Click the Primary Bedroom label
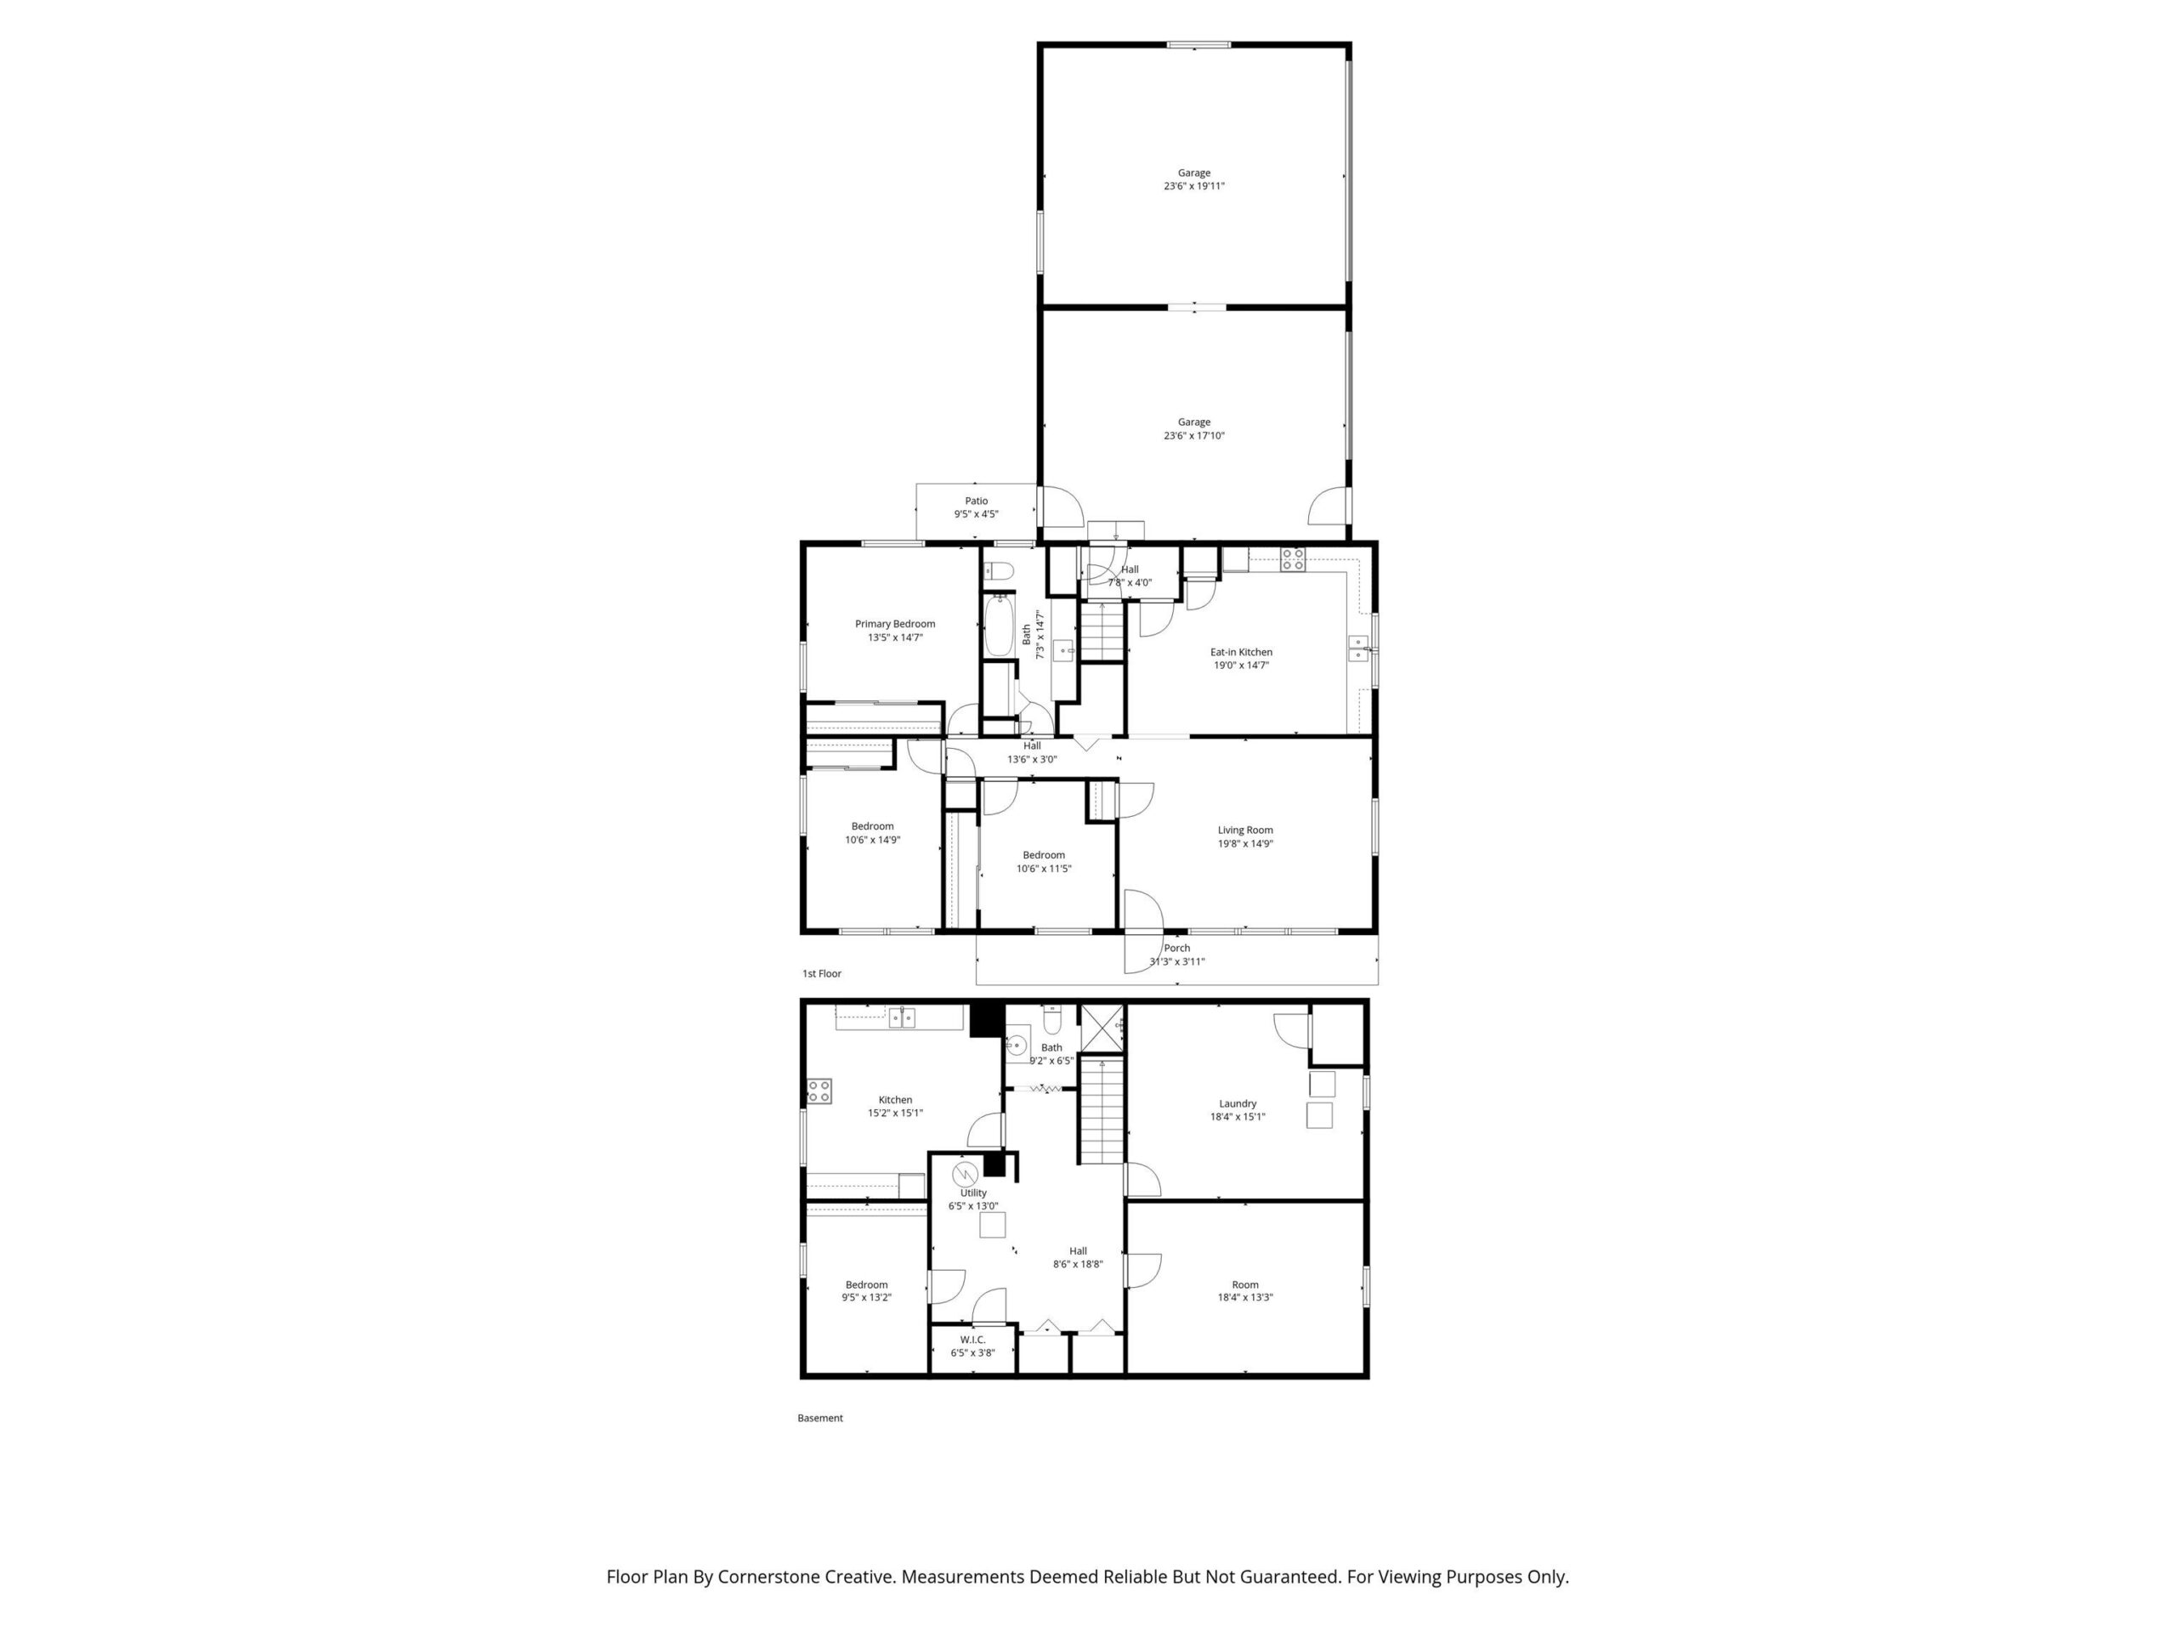[x=894, y=624]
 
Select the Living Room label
[x=1244, y=830]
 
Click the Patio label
[x=976, y=501]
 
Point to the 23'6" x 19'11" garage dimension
[x=1194, y=186]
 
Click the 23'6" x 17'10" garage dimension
[x=1194, y=436]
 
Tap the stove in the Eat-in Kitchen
[x=1293, y=560]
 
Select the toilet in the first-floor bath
[x=1000, y=570]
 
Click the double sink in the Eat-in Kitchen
[x=1358, y=649]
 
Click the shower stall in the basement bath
[x=1102, y=1027]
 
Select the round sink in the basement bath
[x=1017, y=1045]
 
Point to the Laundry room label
[x=1238, y=1104]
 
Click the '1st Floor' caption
[x=821, y=974]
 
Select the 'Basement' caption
[x=819, y=1419]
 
